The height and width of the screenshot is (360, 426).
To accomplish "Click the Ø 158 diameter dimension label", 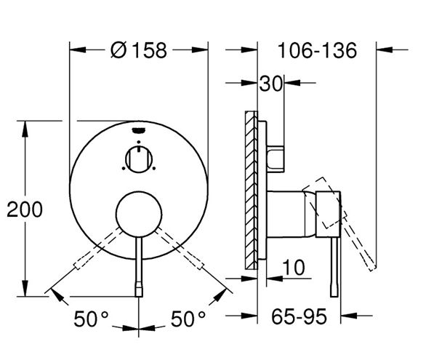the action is [139, 50].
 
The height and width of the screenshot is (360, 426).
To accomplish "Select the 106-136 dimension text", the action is [317, 50].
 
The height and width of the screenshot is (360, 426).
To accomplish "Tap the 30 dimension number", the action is [271, 84].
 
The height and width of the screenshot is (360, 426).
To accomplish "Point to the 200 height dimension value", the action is [25, 209].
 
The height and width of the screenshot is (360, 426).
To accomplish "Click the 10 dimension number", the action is [294, 268].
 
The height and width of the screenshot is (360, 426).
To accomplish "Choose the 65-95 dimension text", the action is [299, 317].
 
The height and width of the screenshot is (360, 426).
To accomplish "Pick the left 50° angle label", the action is [91, 319].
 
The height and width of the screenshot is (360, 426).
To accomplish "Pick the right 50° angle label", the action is [188, 319].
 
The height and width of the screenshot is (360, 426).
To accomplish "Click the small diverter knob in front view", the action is [139, 159].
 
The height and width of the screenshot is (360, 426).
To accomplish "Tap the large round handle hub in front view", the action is [139, 214].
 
